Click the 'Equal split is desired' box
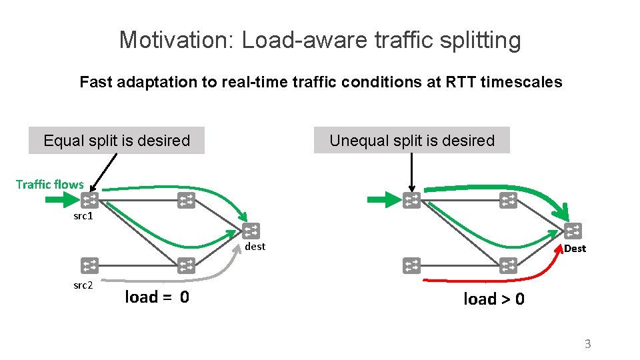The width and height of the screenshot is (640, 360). coord(117,141)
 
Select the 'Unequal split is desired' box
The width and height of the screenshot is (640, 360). coord(412,141)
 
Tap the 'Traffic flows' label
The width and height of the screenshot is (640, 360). coord(50,184)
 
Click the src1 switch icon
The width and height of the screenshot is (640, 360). coord(89,199)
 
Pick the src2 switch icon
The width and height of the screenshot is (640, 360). coord(89,265)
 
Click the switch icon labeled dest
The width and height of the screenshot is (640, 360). coord(251,231)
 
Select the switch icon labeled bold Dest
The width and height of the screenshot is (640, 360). coord(573,231)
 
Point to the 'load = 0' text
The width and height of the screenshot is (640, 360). coord(157,297)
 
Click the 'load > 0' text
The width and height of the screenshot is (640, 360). coord(493,299)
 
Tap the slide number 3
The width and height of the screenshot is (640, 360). coord(587,344)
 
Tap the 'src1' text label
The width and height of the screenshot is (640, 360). coord(83,217)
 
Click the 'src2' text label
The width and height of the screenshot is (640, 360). coord(83,285)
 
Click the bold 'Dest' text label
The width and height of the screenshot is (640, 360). coord(575,249)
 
